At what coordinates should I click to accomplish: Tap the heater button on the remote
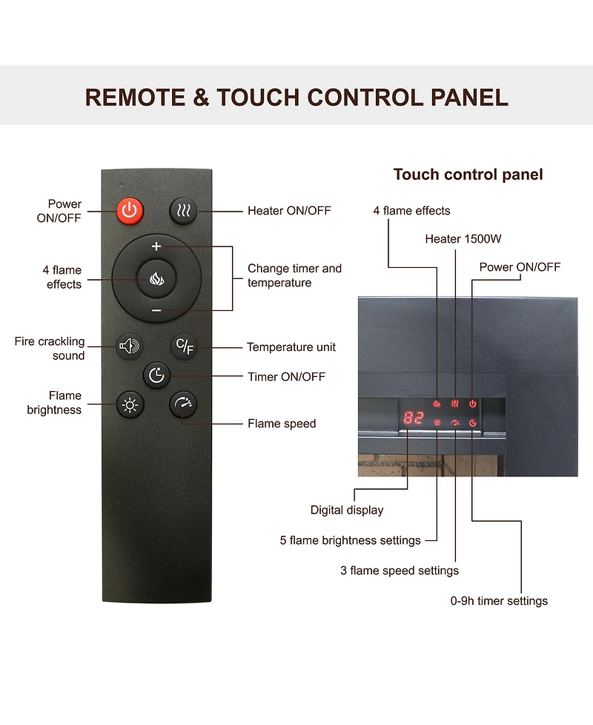click(183, 211)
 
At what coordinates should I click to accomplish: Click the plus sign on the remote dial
click(156, 246)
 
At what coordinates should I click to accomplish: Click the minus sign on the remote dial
click(156, 310)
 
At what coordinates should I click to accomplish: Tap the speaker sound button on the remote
click(129, 346)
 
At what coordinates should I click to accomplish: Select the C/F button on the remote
click(185, 346)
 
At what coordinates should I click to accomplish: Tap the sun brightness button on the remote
click(130, 405)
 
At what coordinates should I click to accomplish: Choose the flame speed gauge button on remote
click(183, 404)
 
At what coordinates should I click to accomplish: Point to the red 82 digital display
click(414, 418)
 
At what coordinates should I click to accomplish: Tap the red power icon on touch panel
click(472, 404)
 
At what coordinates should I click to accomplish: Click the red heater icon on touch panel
click(455, 404)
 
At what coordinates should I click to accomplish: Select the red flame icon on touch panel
click(437, 404)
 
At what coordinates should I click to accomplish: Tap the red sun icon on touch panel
click(437, 423)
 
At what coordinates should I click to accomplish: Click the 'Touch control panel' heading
click(468, 174)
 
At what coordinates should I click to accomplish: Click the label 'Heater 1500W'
click(463, 239)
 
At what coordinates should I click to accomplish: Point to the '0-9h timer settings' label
click(500, 600)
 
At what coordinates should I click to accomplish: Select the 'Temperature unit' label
click(291, 347)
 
